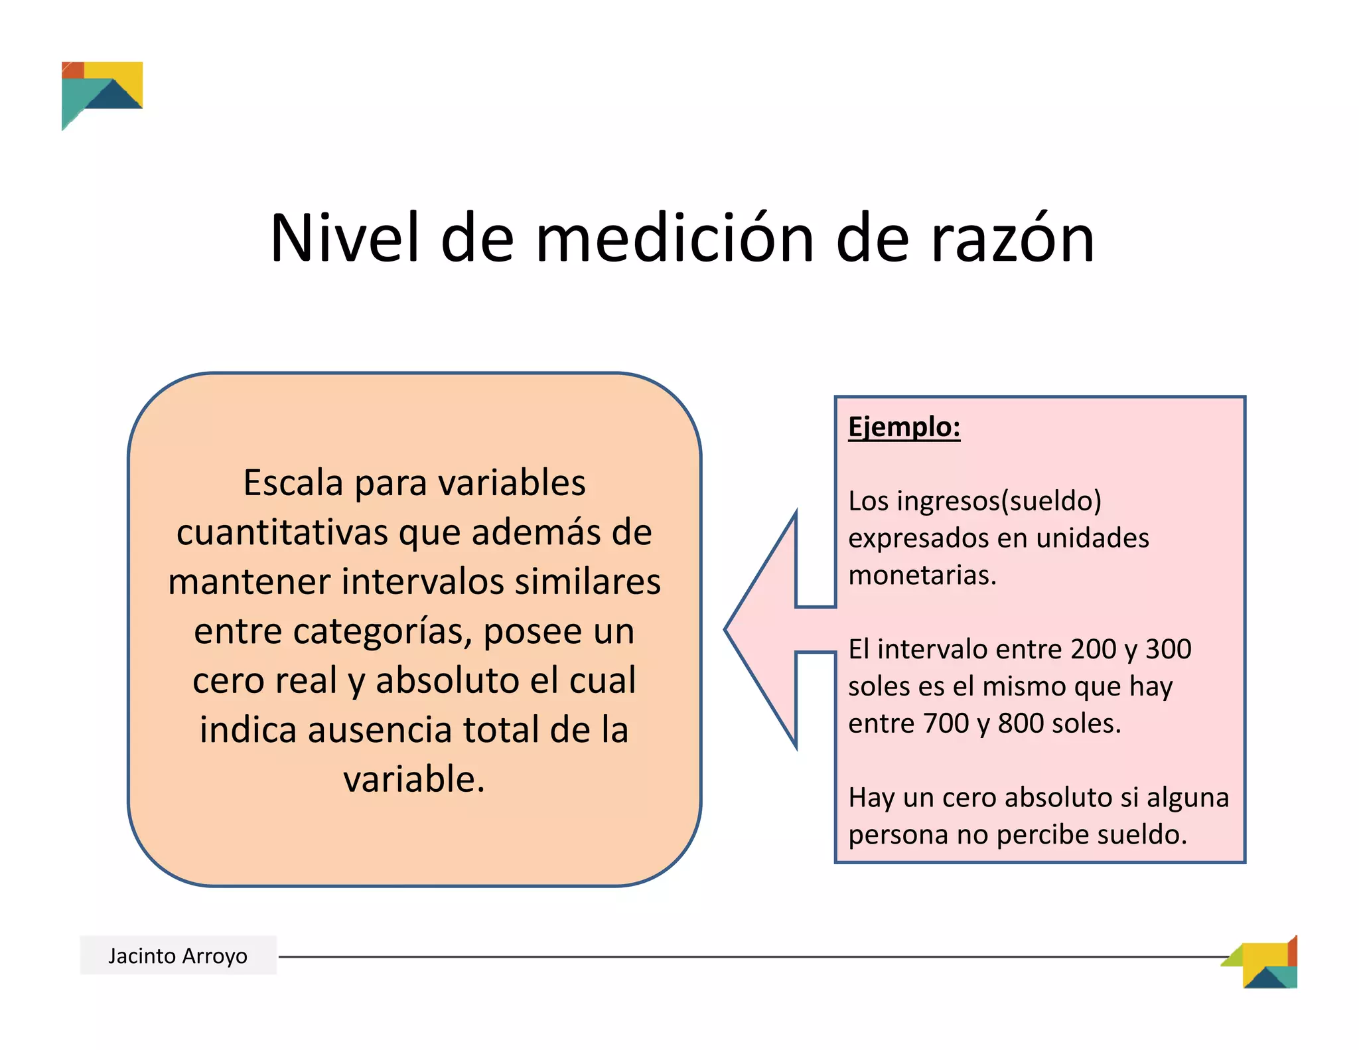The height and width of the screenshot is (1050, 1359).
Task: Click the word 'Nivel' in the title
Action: click(344, 238)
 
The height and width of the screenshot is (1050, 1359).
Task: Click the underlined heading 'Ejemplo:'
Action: click(904, 427)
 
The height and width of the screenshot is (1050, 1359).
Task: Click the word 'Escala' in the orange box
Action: click(293, 483)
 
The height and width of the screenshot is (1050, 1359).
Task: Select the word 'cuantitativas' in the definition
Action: click(282, 532)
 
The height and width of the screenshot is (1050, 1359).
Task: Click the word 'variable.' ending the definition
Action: click(414, 779)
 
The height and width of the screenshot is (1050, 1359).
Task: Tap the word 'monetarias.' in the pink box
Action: click(922, 575)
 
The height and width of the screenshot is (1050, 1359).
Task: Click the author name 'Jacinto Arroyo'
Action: click(178, 956)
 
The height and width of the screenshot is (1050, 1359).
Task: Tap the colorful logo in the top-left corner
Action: click(102, 93)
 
